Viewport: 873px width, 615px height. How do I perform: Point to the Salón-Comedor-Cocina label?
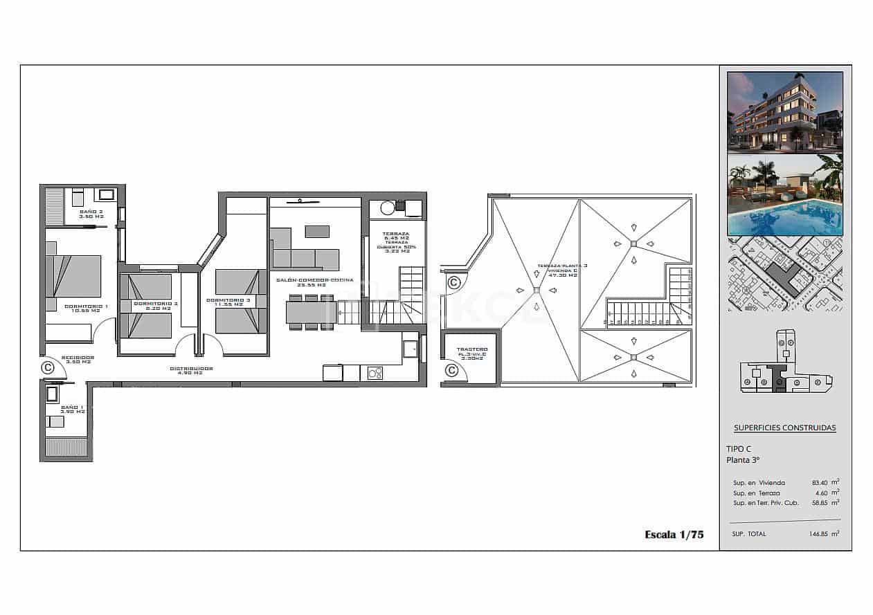[315, 282]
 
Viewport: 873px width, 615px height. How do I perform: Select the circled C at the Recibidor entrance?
[48, 367]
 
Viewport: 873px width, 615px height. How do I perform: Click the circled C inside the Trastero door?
[451, 371]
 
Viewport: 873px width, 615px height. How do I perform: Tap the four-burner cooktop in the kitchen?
[375, 373]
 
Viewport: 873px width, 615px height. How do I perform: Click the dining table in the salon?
[312, 313]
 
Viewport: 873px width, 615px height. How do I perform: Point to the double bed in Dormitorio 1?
[74, 276]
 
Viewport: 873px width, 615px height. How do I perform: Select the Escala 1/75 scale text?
[674, 534]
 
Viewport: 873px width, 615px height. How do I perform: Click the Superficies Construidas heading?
[784, 428]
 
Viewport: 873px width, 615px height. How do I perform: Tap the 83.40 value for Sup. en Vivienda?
[821, 482]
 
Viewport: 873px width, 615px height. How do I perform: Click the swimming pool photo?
[784, 195]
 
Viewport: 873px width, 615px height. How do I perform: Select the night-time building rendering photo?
[784, 111]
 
